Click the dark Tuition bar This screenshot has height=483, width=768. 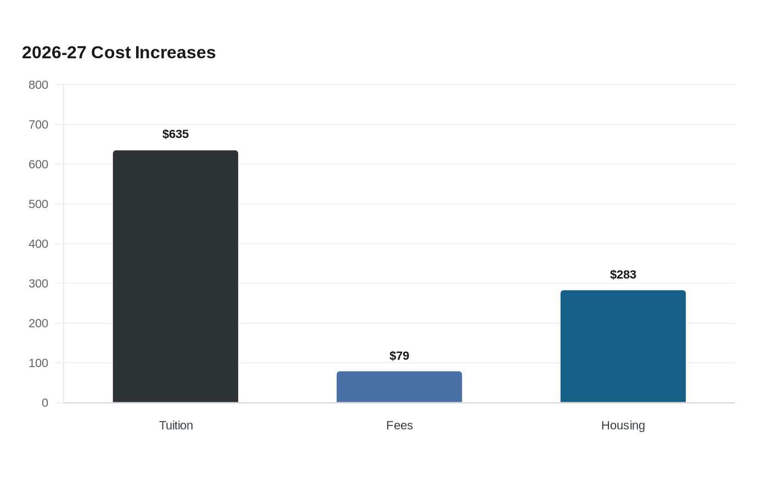pyautogui.click(x=176, y=277)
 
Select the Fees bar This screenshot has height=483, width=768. pyautogui.click(x=399, y=387)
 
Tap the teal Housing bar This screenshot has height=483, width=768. pyautogui.click(x=623, y=346)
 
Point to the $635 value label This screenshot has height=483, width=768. pyautogui.click(x=176, y=134)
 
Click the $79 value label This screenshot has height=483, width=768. pyautogui.click(x=399, y=356)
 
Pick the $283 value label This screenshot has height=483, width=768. pyautogui.click(x=623, y=275)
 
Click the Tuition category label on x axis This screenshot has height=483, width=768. pyautogui.click(x=176, y=425)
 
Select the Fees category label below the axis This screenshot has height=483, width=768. pyautogui.click(x=399, y=425)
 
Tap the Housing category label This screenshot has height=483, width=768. pyautogui.click(x=623, y=426)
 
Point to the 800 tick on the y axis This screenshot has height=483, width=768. pyautogui.click(x=38, y=85)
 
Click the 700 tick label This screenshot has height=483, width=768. pyautogui.click(x=38, y=125)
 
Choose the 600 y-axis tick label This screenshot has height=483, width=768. pyautogui.click(x=38, y=164)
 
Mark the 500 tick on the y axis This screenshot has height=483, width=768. pyautogui.click(x=38, y=204)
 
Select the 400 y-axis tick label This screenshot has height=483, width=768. pyautogui.click(x=38, y=244)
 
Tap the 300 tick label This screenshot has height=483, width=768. pyautogui.click(x=38, y=283)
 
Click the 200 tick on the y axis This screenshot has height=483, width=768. pyautogui.click(x=38, y=323)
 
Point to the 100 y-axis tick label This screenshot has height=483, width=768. pyautogui.click(x=38, y=363)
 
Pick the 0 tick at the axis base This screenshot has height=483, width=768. pyautogui.click(x=45, y=403)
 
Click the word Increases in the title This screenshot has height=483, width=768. pyautogui.click(x=175, y=53)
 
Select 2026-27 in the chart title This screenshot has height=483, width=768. pyautogui.click(x=54, y=53)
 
